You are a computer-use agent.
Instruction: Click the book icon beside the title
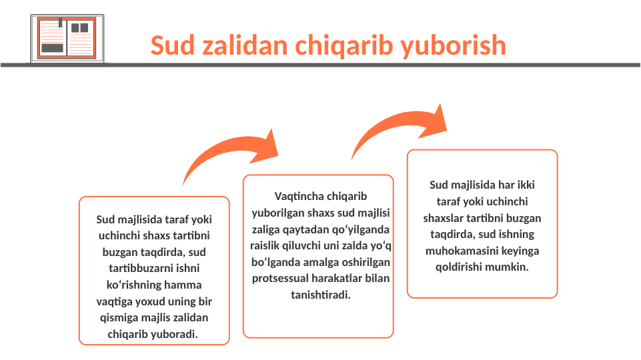(x=63, y=39)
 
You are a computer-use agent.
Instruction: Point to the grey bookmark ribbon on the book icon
(x=61, y=24)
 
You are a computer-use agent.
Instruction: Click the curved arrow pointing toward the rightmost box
(x=400, y=129)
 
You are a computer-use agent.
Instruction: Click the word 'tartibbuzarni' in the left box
(x=153, y=269)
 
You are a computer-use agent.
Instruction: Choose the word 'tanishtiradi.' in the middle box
(x=320, y=294)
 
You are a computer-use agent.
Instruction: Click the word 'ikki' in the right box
(x=526, y=185)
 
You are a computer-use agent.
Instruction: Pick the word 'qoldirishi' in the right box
(x=459, y=267)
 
